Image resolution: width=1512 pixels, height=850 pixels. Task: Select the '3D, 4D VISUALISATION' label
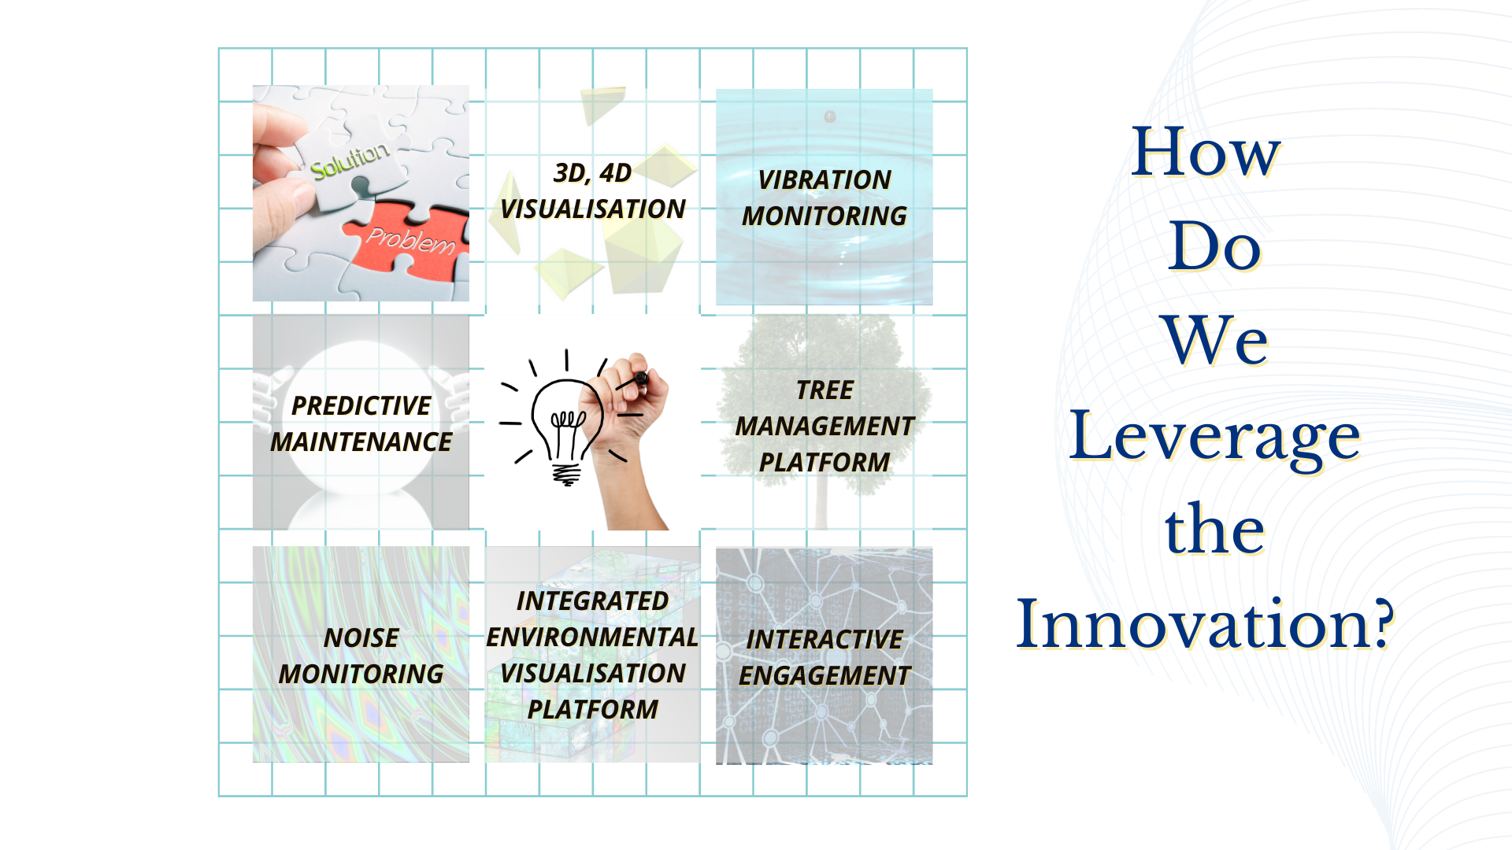[x=593, y=190]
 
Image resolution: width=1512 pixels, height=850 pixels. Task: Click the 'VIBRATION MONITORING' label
[x=825, y=198]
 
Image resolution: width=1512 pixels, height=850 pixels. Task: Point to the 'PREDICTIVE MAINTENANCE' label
[x=361, y=423]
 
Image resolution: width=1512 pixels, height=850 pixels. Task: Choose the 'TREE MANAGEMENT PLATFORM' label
[x=825, y=426]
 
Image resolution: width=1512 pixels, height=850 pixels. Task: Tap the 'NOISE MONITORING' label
[x=361, y=656]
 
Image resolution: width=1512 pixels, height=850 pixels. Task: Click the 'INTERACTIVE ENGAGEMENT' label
[x=825, y=657]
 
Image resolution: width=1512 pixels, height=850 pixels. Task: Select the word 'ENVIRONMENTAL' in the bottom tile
[x=592, y=637]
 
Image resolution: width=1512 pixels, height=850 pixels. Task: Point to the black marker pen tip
[x=642, y=379]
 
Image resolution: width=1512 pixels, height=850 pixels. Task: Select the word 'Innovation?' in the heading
[x=1205, y=623]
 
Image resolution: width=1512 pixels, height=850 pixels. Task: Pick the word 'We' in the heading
[x=1215, y=340]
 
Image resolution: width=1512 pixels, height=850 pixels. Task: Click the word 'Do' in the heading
[x=1215, y=246]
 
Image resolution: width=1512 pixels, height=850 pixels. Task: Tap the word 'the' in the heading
[x=1215, y=529]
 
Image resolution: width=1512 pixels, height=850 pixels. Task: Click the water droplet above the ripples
[x=830, y=116]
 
